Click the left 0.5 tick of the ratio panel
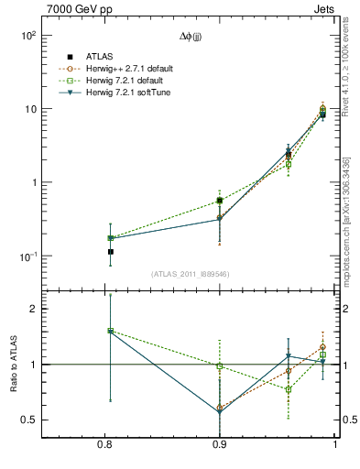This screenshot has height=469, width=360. (29, 420)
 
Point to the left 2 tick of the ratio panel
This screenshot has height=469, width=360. (33, 309)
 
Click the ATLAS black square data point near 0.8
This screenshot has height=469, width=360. (110, 251)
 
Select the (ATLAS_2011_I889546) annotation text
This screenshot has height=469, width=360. (191, 273)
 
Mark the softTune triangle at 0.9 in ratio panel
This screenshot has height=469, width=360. (220, 412)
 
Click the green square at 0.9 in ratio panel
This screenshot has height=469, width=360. (220, 366)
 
